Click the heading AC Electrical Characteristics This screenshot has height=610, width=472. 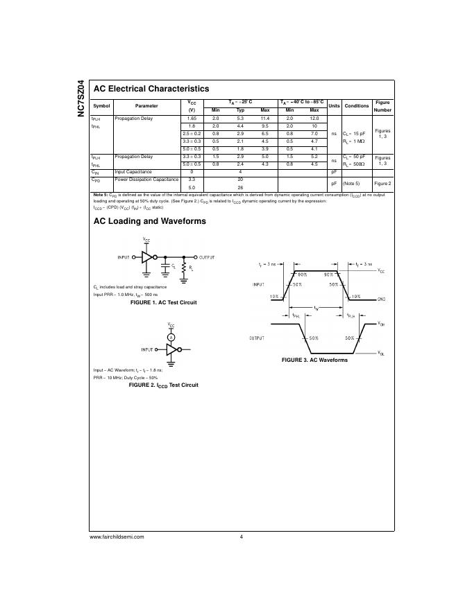(151, 89)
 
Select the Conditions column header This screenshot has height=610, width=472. (357, 105)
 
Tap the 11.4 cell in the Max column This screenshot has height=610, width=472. (264, 119)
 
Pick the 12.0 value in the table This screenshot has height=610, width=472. (314, 119)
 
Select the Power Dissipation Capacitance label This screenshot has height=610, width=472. (146, 179)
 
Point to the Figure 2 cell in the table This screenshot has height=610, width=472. (382, 183)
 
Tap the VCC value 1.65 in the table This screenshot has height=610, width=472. (192, 119)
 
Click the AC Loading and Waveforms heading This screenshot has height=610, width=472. (149, 221)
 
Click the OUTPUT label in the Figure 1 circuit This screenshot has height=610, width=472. (207, 257)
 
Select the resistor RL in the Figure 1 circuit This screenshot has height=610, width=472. (184, 267)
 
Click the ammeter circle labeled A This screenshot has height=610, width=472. (171, 337)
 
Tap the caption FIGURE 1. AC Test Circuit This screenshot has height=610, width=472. (164, 302)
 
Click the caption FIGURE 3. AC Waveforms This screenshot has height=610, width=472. (314, 360)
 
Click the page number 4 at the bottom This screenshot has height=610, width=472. (241, 537)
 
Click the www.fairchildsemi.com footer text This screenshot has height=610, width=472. (117, 537)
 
